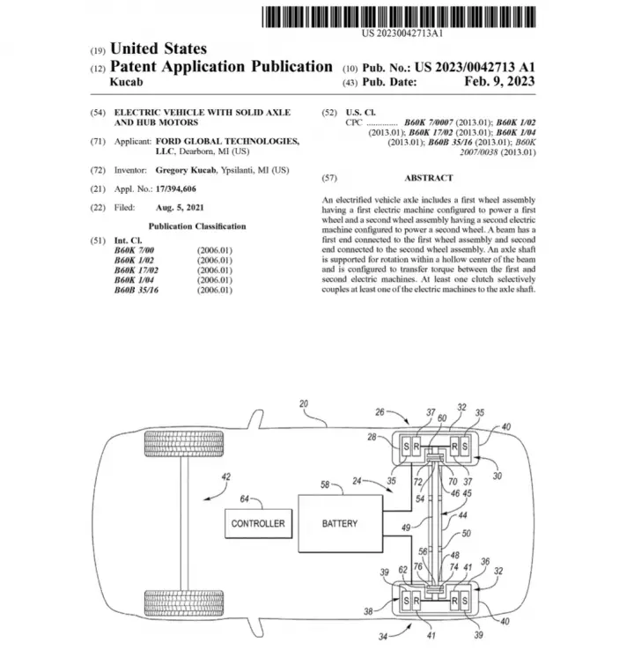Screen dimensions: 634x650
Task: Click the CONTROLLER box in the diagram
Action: point(258,523)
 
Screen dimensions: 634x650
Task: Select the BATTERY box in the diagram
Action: point(340,523)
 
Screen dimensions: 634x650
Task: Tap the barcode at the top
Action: point(399,17)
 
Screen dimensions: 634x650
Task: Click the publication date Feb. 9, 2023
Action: point(499,81)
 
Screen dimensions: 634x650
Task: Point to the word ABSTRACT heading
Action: point(429,178)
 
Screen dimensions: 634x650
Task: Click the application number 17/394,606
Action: point(176,189)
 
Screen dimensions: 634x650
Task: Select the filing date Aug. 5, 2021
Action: point(180,208)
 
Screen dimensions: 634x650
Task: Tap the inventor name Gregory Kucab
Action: point(186,170)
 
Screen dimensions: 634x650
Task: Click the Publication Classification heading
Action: point(197,226)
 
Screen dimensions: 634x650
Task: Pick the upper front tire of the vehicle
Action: point(184,444)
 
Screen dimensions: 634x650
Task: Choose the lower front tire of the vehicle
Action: point(184,602)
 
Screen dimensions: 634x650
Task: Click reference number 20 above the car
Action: point(304,403)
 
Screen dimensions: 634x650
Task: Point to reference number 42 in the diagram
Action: point(225,476)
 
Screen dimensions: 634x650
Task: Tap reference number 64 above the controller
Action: point(245,499)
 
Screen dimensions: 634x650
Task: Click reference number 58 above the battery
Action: point(325,484)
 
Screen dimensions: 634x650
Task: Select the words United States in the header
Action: point(158,48)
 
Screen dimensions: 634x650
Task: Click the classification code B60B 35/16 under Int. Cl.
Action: point(136,290)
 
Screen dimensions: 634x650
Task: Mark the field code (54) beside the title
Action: point(98,113)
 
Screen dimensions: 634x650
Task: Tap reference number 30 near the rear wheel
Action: point(498,476)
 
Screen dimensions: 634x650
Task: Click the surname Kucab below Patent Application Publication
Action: point(127,82)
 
